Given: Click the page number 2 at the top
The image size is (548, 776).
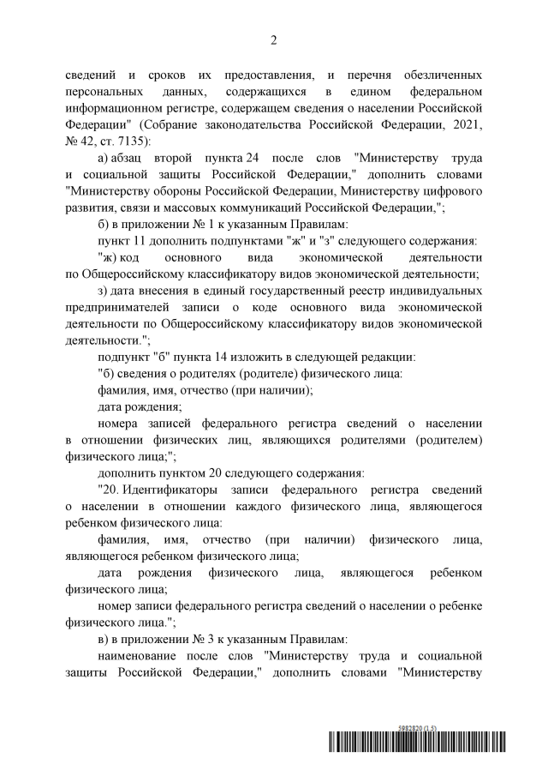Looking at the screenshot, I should pos(274,39).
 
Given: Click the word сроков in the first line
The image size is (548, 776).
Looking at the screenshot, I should pos(168,75).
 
